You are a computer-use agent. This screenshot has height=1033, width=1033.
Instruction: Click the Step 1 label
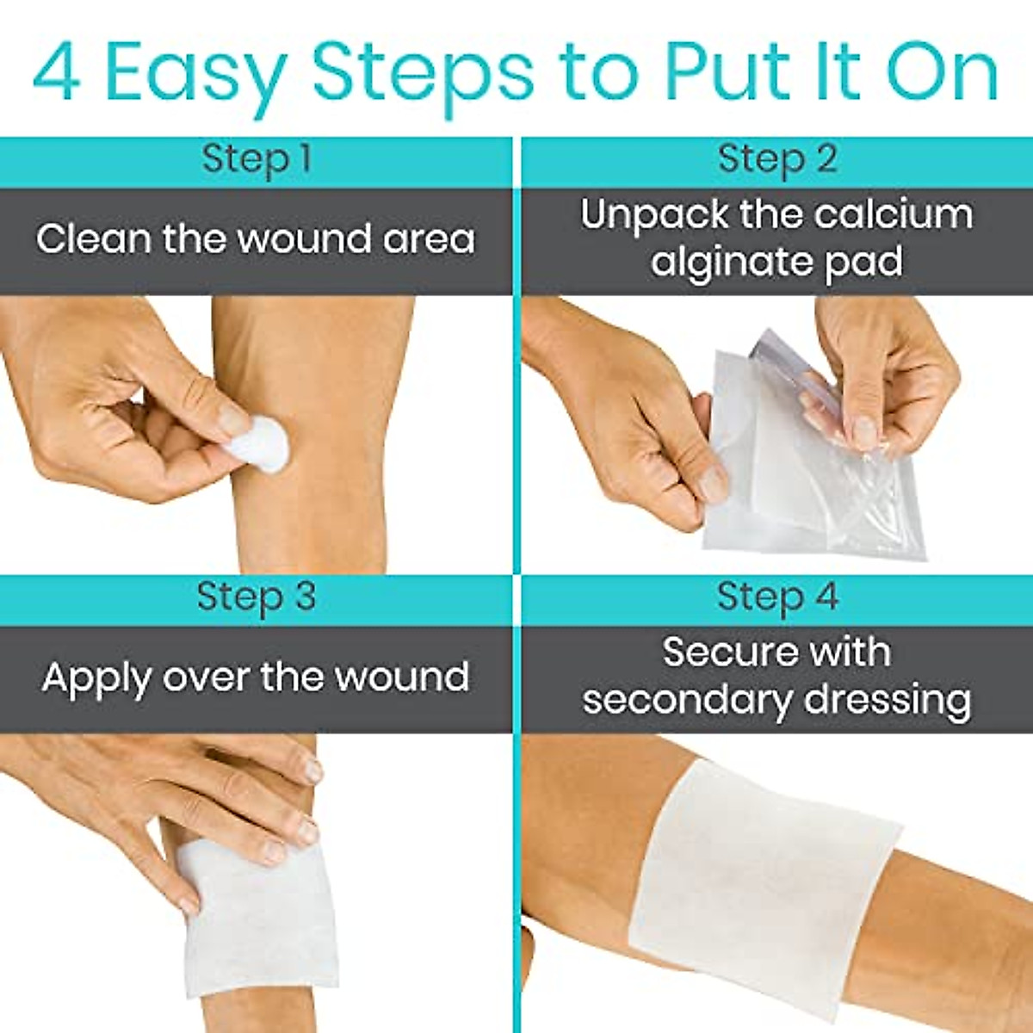[x=256, y=160]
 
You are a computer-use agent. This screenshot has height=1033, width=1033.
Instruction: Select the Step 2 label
[x=776, y=160]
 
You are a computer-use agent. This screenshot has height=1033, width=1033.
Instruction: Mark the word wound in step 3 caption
[x=402, y=678]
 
